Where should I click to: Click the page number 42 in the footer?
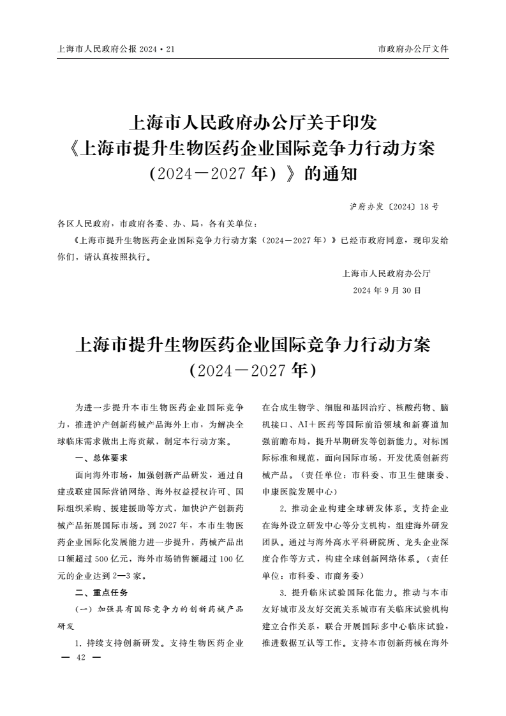coord(80,657)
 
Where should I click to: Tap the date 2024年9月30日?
coord(387,290)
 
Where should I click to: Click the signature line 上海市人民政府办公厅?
coord(387,274)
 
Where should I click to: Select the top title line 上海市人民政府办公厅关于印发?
coord(253,121)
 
